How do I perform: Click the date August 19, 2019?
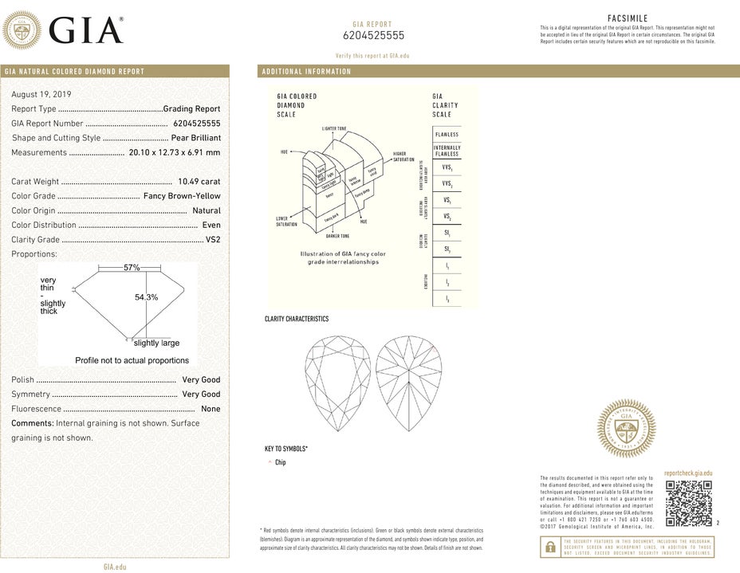tap(41, 94)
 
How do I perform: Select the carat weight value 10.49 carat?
tap(199, 182)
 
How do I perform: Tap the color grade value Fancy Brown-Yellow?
tap(182, 196)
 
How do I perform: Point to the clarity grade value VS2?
tap(213, 239)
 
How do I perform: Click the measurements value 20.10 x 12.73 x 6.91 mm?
tap(175, 152)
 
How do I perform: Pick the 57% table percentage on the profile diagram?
tap(132, 268)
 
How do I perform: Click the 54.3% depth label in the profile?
tap(147, 297)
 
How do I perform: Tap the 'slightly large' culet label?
tap(156, 343)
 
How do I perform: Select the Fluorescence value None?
tap(211, 409)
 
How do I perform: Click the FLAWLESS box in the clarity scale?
tap(447, 135)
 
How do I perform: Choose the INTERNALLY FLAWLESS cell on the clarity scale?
tap(447, 151)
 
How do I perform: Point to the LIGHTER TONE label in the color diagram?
tap(334, 128)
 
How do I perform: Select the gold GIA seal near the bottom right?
tap(627, 429)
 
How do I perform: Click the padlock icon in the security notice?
tap(550, 547)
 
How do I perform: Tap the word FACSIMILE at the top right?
tap(628, 18)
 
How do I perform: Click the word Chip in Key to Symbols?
tap(280, 462)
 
